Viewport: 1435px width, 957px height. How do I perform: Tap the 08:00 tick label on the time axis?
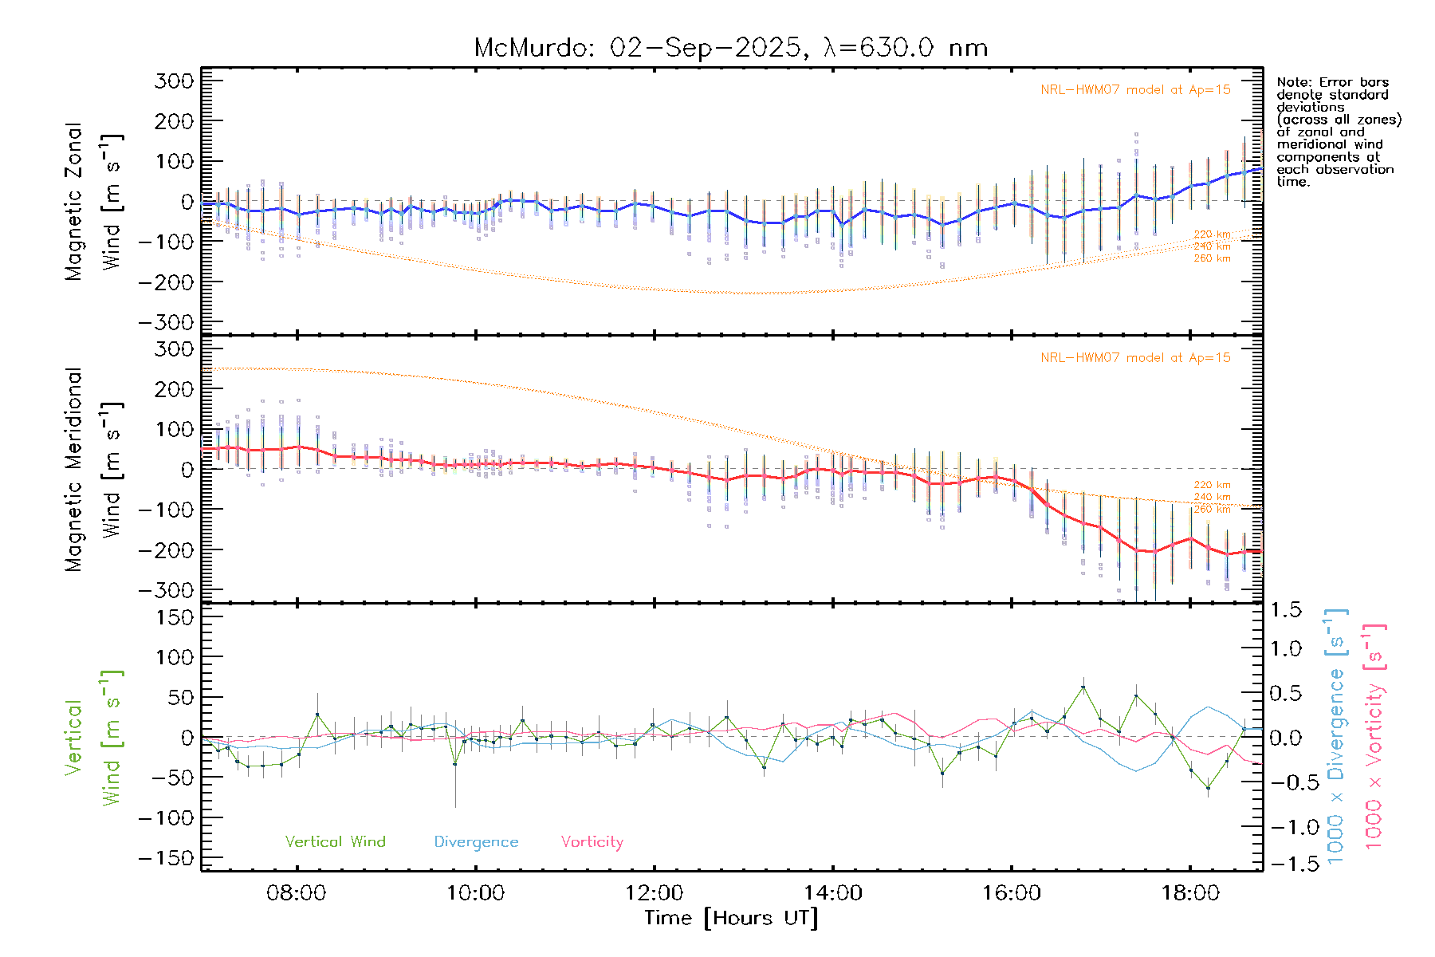(x=296, y=892)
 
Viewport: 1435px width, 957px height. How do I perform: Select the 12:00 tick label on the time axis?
(x=654, y=892)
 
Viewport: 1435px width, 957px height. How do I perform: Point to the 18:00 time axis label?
(x=1190, y=892)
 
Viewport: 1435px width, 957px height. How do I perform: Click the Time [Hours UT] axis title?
(x=731, y=918)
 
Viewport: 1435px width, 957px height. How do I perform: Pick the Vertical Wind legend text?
(x=335, y=841)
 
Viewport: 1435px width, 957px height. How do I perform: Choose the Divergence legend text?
(x=476, y=841)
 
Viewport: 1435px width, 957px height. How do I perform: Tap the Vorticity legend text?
(x=592, y=841)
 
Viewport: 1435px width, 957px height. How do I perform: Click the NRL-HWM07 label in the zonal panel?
(x=1135, y=90)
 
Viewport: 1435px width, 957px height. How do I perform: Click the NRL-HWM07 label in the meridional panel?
(x=1135, y=358)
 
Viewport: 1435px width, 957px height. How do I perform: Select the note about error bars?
(x=1338, y=132)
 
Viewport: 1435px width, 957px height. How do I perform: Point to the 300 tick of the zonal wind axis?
(x=175, y=81)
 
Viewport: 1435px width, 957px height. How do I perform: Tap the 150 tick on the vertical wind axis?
(x=175, y=617)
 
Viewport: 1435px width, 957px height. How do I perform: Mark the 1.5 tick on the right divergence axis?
(x=1286, y=610)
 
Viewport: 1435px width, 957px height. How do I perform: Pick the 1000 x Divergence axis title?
(x=1336, y=736)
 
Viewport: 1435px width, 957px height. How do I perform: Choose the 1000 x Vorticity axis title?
(x=1374, y=736)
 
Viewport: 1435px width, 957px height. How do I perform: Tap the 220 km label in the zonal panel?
(x=1212, y=234)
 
